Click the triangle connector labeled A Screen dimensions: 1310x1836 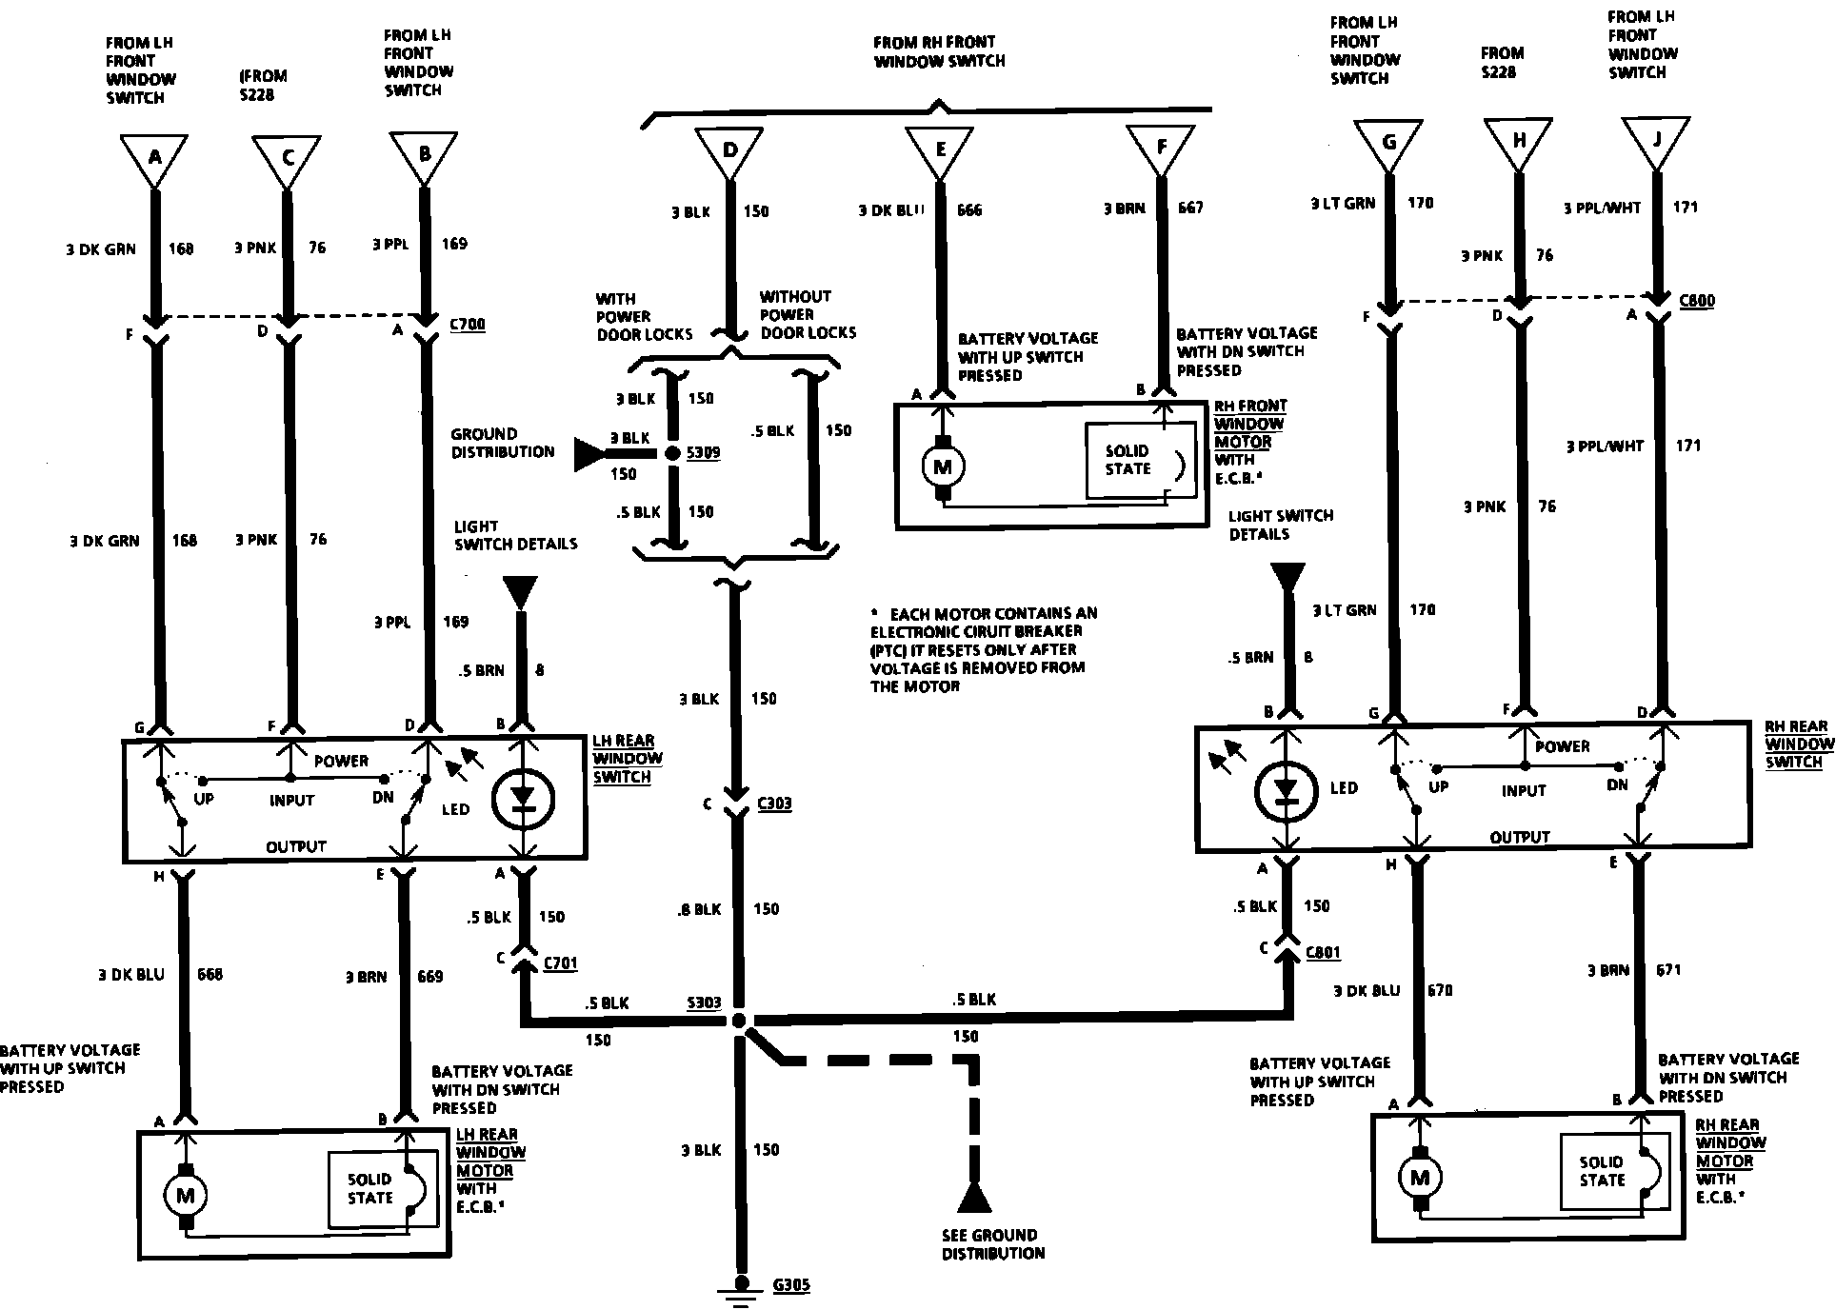click(x=154, y=158)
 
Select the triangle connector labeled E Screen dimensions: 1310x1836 click(x=939, y=150)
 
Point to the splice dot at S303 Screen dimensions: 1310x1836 click(x=740, y=1021)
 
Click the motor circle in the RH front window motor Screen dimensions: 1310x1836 click(x=944, y=466)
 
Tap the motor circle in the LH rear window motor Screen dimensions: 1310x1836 click(x=185, y=1195)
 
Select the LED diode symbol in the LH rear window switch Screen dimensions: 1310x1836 click(x=521, y=798)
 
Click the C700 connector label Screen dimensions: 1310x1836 click(x=467, y=325)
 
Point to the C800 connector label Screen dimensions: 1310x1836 click(x=1697, y=301)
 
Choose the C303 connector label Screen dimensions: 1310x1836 click(x=773, y=804)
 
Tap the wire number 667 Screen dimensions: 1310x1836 click(x=1190, y=208)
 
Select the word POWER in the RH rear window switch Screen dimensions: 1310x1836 click(x=1562, y=746)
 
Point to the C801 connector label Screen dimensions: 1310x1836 click(x=1323, y=951)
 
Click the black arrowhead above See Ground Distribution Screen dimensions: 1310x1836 click(x=973, y=1199)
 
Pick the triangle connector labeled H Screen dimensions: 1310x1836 click(x=1518, y=144)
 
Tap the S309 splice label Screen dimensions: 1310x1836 click(x=703, y=453)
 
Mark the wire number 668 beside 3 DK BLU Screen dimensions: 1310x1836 click(x=210, y=975)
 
